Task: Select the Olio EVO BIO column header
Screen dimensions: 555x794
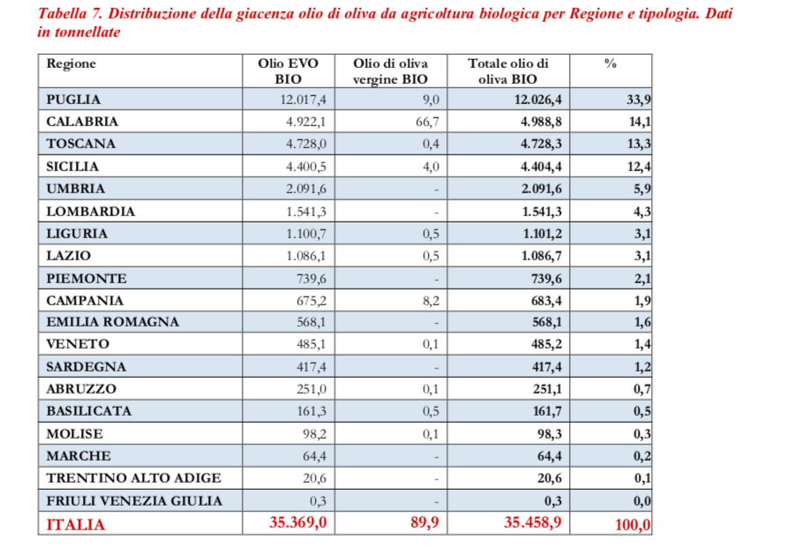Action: click(288, 71)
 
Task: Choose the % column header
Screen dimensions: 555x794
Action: click(610, 64)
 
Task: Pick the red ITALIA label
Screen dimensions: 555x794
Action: click(75, 525)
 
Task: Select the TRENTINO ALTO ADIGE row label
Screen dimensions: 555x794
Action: click(133, 478)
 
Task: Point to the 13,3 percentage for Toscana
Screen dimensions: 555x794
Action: click(638, 144)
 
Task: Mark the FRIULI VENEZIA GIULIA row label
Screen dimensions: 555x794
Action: click(134, 500)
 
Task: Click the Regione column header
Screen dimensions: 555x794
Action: click(71, 64)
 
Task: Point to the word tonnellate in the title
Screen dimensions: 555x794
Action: click(86, 32)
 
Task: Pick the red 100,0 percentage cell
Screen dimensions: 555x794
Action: click(632, 525)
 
